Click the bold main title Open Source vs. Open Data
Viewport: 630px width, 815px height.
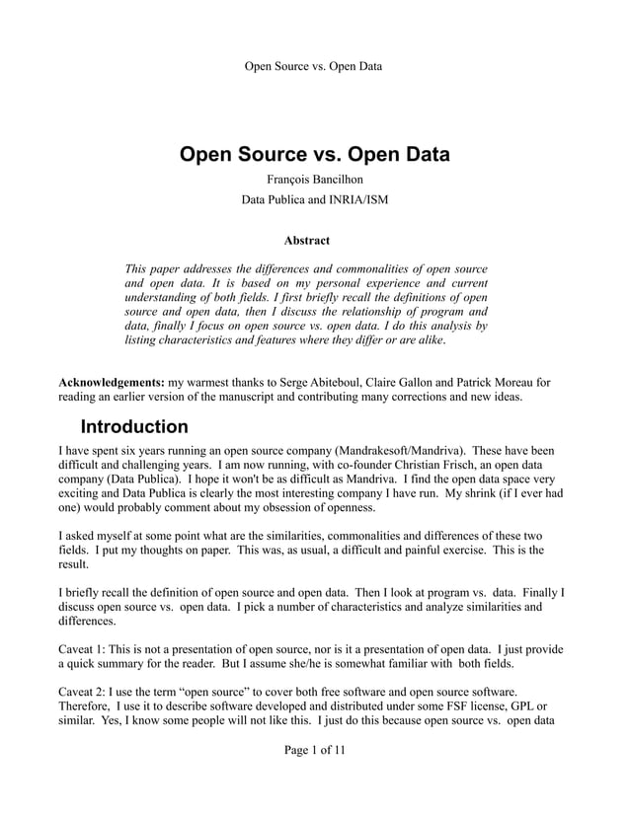314,155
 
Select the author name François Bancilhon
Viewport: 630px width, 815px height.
313,181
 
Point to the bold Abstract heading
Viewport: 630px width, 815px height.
306,240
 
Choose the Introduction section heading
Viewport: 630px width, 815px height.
133,428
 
